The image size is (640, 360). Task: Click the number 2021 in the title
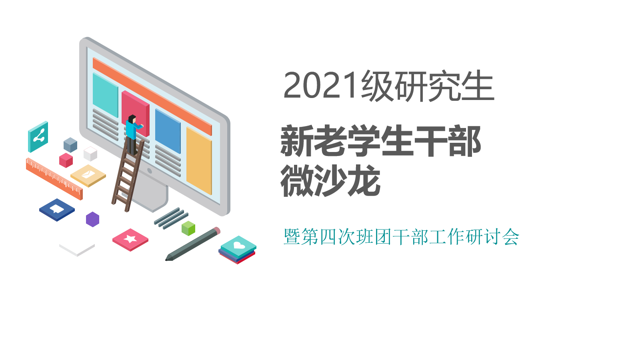(320, 85)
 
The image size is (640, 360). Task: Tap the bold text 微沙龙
(330, 180)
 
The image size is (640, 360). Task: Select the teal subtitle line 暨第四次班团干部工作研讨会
(401, 237)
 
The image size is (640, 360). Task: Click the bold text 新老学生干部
(381, 140)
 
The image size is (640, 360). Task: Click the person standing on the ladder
(133, 135)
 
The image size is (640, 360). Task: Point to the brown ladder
(128, 175)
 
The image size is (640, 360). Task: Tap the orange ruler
(54, 179)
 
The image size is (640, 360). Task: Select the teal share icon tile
(38, 137)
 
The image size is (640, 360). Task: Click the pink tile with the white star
(130, 240)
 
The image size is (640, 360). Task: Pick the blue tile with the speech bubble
(57, 210)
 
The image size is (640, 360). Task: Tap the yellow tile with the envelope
(88, 176)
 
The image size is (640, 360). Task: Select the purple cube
(92, 220)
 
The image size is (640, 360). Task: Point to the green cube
(188, 228)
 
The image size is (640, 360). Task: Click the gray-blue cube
(70, 145)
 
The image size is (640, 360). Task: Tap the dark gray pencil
(193, 244)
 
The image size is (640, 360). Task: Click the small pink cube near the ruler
(66, 160)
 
